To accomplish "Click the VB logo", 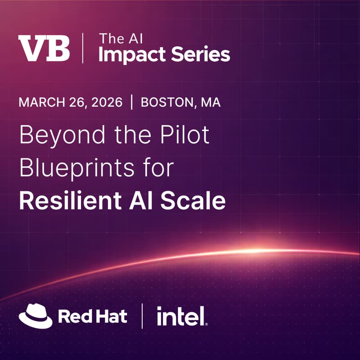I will click(x=44, y=48).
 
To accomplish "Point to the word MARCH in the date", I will click(x=41, y=103).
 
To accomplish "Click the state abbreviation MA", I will click(x=211, y=103).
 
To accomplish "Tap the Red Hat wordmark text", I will click(x=93, y=316).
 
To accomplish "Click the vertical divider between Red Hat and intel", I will click(x=142, y=316).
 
